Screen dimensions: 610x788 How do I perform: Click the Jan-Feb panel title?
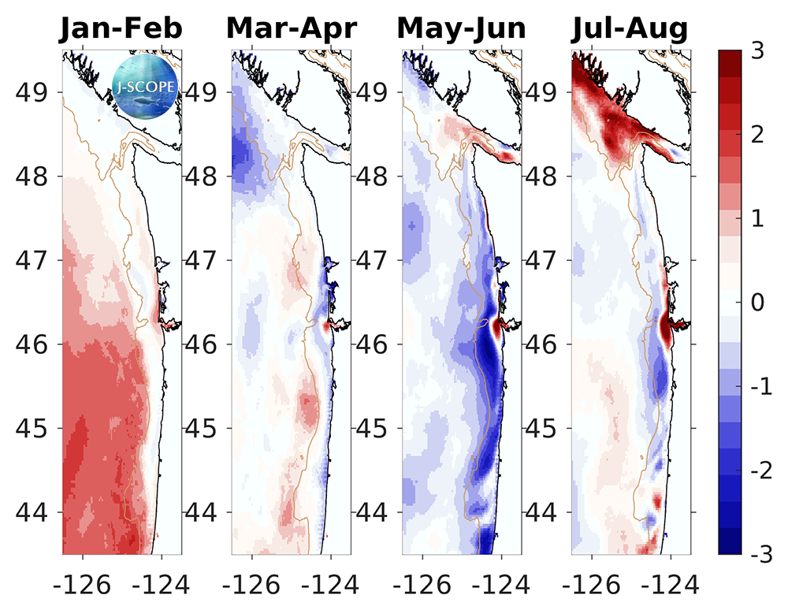point(122,29)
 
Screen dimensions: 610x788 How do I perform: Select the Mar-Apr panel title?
point(292,29)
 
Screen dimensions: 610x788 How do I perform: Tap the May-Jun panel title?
point(461,29)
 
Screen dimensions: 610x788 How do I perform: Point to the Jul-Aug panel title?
point(630,29)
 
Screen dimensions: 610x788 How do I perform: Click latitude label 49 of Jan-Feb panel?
point(34,91)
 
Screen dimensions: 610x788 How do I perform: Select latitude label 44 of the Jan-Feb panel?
point(34,512)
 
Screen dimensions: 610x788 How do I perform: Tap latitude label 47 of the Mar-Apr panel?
point(203,260)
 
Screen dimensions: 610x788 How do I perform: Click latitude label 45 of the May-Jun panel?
point(374,429)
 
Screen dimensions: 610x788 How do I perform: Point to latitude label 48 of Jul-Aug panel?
point(544,176)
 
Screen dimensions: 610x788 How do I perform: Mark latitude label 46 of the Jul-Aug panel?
point(544,344)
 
